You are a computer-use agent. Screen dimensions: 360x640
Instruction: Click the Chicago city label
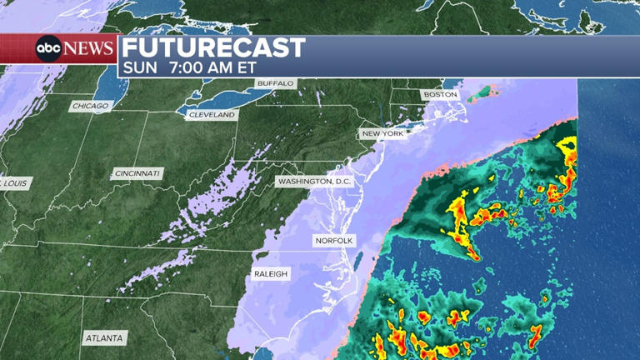click(91, 106)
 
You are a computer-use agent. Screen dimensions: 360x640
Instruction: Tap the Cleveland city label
click(212, 115)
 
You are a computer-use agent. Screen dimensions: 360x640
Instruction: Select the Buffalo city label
click(276, 83)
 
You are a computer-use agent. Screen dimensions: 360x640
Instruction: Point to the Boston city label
click(441, 95)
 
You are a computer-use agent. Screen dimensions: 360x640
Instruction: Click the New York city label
click(382, 133)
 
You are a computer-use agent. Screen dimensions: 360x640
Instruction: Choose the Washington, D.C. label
click(315, 181)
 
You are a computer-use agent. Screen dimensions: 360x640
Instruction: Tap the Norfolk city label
click(334, 241)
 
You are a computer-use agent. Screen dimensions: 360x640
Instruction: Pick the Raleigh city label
click(272, 274)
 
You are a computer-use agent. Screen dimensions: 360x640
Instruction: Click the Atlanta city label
click(105, 338)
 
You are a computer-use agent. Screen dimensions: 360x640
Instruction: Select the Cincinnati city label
click(137, 173)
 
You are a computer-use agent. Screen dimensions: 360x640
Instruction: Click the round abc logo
click(47, 48)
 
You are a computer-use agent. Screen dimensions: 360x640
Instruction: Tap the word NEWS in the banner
click(87, 48)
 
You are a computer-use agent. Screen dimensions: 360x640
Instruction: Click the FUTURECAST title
click(214, 47)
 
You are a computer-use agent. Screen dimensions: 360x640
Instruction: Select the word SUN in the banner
click(138, 67)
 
